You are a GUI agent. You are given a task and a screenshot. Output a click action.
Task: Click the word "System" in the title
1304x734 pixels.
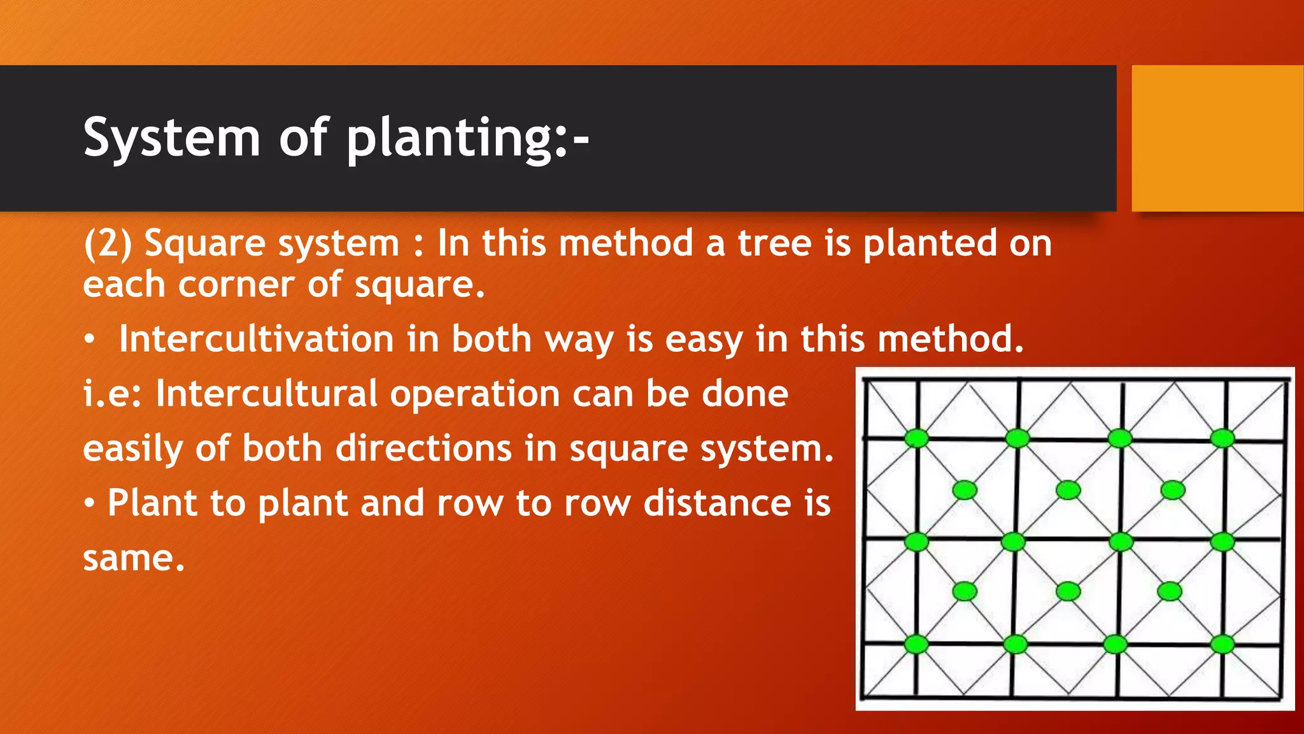(x=172, y=138)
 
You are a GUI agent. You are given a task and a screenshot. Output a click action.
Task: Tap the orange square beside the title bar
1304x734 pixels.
(x=1217, y=138)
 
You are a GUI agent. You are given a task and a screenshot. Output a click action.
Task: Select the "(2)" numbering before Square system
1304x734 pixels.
(x=108, y=244)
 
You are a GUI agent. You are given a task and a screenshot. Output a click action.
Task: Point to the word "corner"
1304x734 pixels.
(x=236, y=285)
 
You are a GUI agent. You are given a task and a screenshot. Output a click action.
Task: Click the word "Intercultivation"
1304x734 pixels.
(x=256, y=339)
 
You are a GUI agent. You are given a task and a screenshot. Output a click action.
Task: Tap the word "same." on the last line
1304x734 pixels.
(x=134, y=558)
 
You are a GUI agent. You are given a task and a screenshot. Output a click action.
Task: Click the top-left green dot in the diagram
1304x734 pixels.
(x=917, y=438)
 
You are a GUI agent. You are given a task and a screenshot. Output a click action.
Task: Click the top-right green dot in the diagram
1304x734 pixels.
(x=1222, y=438)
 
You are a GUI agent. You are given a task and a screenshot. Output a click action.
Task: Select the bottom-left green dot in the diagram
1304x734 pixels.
(x=916, y=644)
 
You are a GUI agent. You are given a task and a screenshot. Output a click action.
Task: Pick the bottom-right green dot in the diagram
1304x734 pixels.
(x=1222, y=644)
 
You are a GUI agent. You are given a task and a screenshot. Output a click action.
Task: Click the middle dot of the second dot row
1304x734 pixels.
(x=1068, y=490)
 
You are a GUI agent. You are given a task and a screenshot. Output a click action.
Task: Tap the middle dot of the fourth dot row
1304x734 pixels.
(x=1068, y=591)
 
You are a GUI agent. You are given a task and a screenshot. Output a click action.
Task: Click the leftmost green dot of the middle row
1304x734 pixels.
(x=917, y=542)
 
